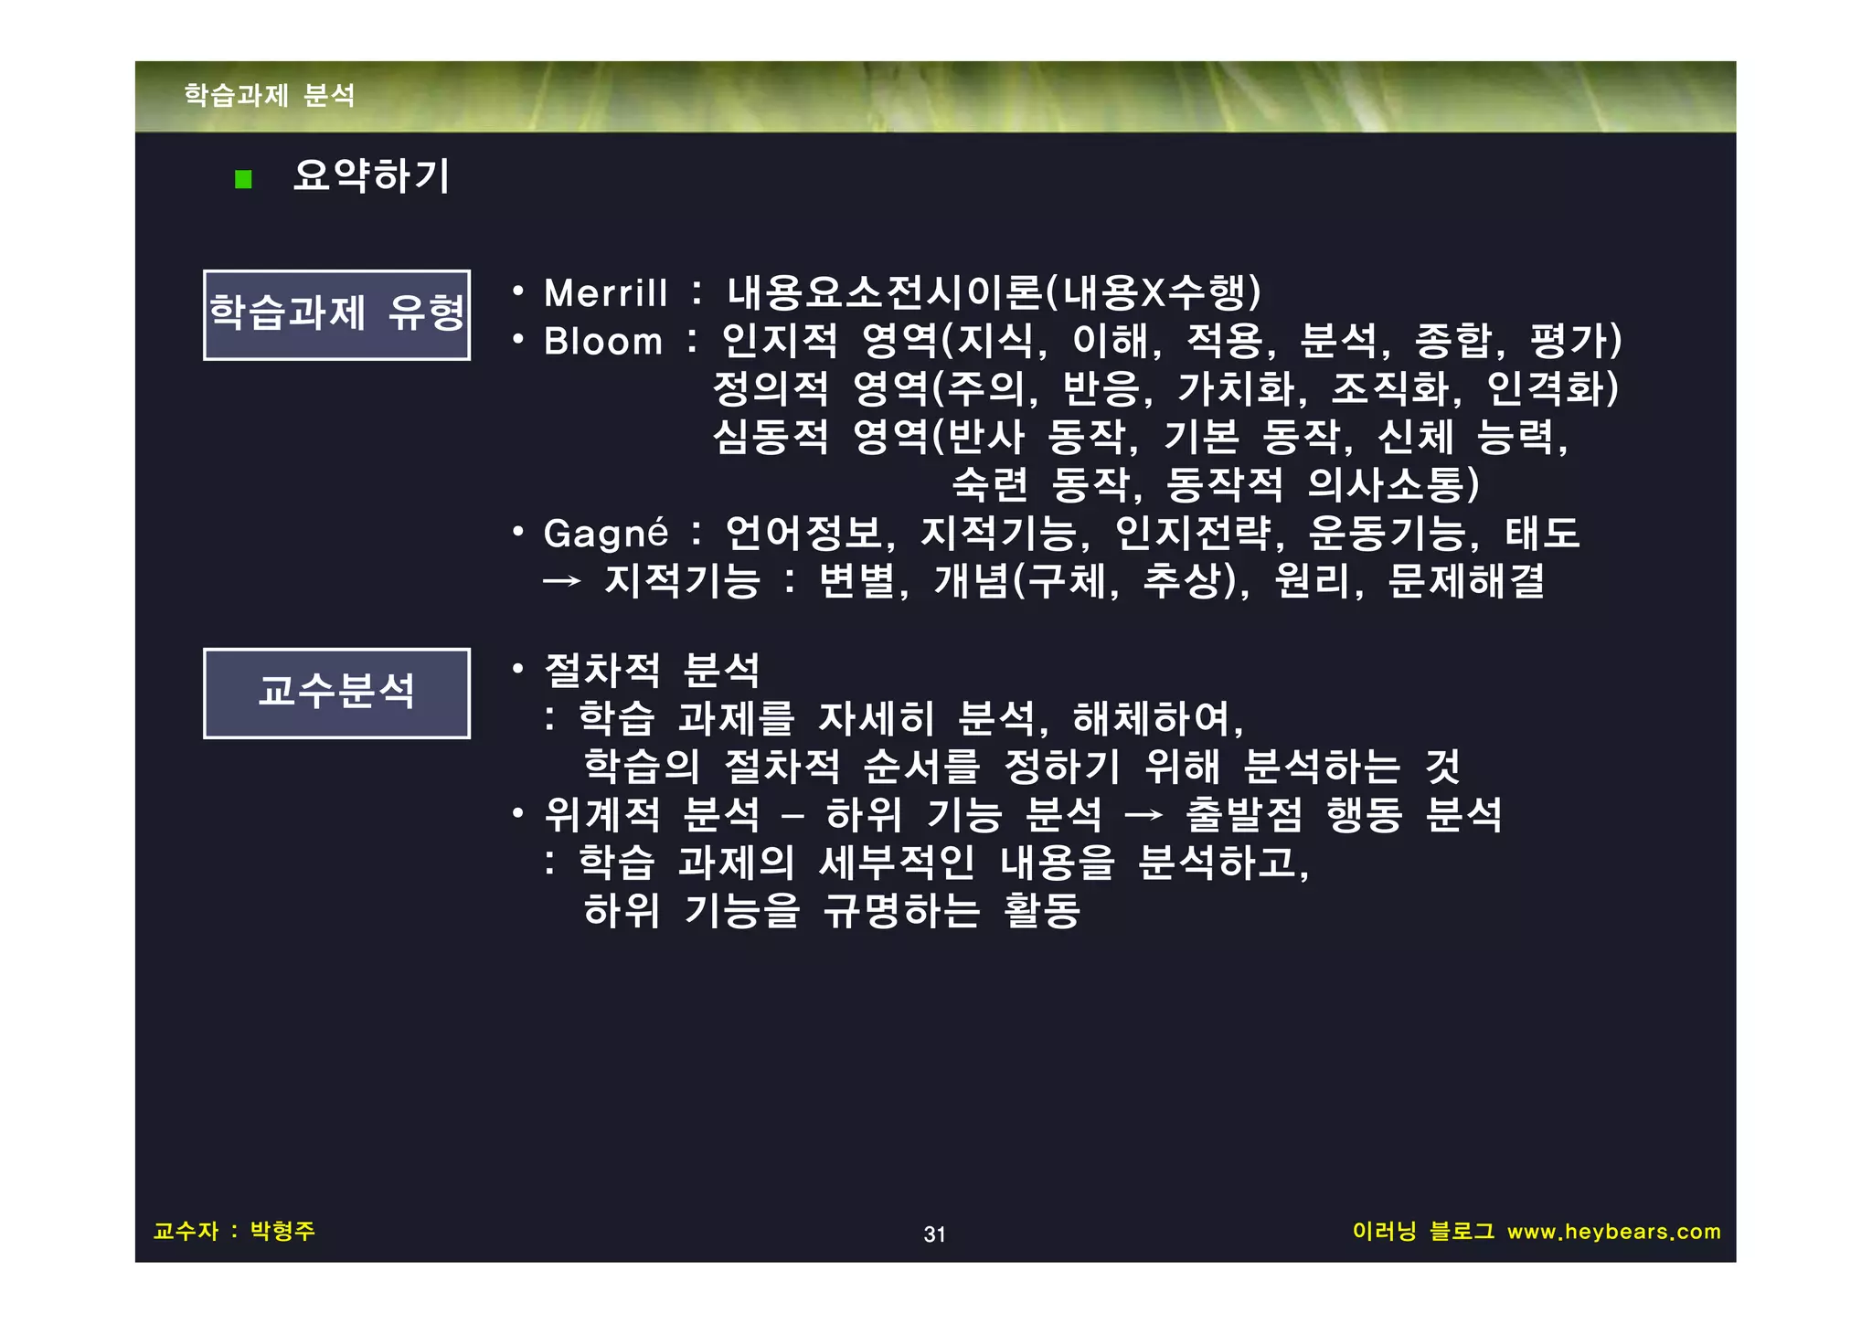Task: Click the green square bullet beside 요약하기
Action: (x=243, y=179)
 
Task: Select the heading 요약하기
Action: (x=371, y=175)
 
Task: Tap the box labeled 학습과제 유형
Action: (x=336, y=314)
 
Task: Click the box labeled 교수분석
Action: (x=336, y=693)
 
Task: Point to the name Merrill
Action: (x=605, y=294)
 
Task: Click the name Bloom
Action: (x=603, y=342)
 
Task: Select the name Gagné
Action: (x=605, y=534)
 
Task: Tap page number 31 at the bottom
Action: (x=934, y=1234)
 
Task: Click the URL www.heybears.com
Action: (x=1613, y=1232)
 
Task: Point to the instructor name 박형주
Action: (x=282, y=1231)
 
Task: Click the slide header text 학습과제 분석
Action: (x=270, y=95)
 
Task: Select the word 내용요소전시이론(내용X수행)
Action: (x=994, y=292)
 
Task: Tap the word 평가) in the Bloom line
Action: (x=1576, y=341)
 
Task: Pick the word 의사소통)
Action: (x=1393, y=484)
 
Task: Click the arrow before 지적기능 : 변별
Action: (x=562, y=581)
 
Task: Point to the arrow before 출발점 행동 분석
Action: (x=1143, y=814)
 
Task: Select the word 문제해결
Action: (x=1466, y=581)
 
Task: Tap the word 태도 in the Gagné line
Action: (x=1542, y=533)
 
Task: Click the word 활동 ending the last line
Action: (x=1042, y=910)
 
